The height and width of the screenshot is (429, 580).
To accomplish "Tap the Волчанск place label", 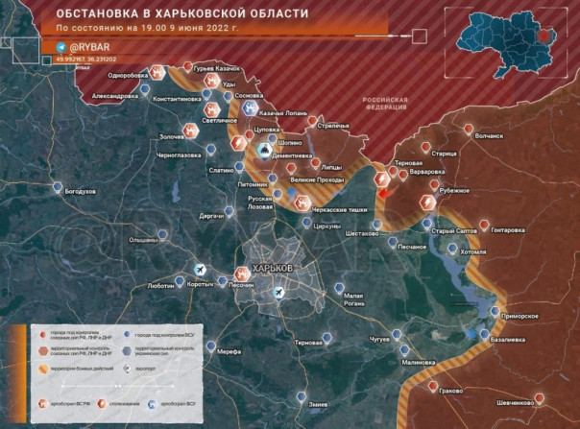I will click(x=490, y=136).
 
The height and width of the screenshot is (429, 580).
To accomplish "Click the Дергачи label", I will click(x=211, y=216).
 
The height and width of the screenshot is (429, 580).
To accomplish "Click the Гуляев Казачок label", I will click(x=212, y=69).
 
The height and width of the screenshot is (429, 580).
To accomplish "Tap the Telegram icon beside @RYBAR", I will click(x=62, y=46).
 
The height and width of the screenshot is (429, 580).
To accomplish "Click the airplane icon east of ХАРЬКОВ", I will click(x=278, y=292).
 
